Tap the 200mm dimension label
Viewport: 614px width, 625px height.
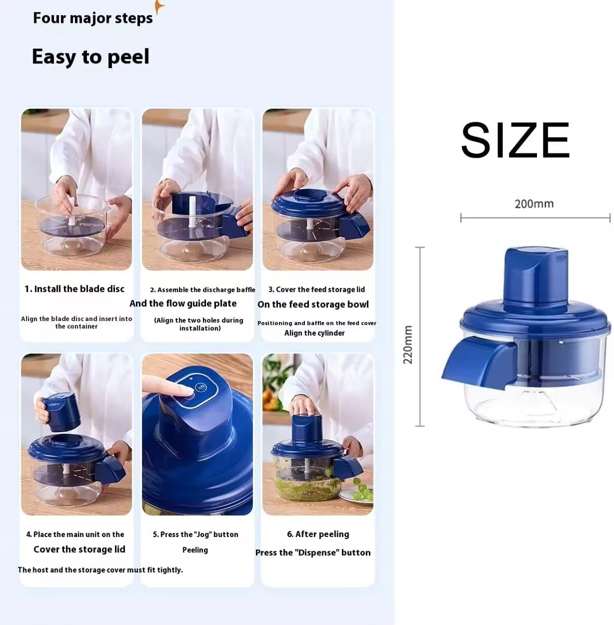[534, 204]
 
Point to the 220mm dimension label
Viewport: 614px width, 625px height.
[408, 345]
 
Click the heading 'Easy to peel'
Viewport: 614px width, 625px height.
[91, 57]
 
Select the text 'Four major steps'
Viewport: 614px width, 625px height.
[93, 18]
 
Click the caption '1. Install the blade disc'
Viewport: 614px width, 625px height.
[75, 289]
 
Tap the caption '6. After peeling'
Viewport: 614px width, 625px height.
[318, 534]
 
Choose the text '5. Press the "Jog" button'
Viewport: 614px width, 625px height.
[196, 534]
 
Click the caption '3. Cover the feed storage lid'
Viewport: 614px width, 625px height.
[316, 289]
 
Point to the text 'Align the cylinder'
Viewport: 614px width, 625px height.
[314, 333]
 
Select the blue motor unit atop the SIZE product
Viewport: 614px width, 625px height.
[535, 276]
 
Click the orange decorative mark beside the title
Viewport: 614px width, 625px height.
[159, 8]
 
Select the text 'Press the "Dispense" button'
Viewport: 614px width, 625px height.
[313, 553]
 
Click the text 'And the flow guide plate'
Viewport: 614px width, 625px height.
[183, 303]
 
